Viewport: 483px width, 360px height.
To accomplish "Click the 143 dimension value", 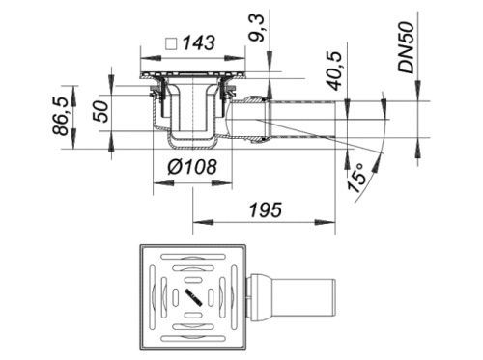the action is (x=199, y=43).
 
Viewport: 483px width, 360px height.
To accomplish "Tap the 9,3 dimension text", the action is (x=257, y=28).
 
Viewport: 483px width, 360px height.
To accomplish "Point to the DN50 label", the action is (x=405, y=47).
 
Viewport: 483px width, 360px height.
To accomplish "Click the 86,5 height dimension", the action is (x=60, y=116).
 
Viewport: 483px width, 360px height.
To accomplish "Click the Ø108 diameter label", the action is (x=192, y=167).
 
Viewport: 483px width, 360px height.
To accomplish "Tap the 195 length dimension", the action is (x=266, y=210).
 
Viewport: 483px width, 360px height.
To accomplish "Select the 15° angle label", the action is (x=356, y=178).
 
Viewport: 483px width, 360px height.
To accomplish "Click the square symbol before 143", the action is (x=171, y=43).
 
